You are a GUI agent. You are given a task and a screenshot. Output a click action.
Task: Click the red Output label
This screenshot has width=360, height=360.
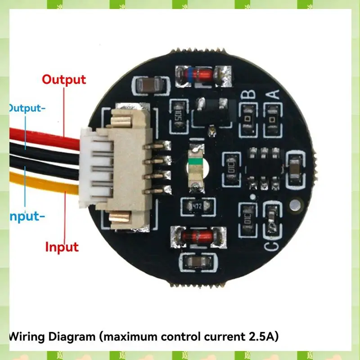tap(63, 80)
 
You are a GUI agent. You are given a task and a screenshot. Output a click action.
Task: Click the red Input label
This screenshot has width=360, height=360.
tap(62, 247)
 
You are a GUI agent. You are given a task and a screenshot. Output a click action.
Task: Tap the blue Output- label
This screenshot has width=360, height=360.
tap(27, 108)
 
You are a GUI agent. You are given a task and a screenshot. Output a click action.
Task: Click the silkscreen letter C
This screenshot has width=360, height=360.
tap(271, 246)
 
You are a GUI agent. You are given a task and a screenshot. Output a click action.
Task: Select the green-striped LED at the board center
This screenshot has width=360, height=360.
tap(196, 167)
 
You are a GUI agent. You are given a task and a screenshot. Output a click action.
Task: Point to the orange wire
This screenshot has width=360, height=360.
tap(40, 182)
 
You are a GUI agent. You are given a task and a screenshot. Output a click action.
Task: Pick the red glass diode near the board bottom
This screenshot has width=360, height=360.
tap(198, 236)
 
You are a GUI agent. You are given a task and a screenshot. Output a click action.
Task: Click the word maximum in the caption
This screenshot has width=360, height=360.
tap(126, 336)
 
